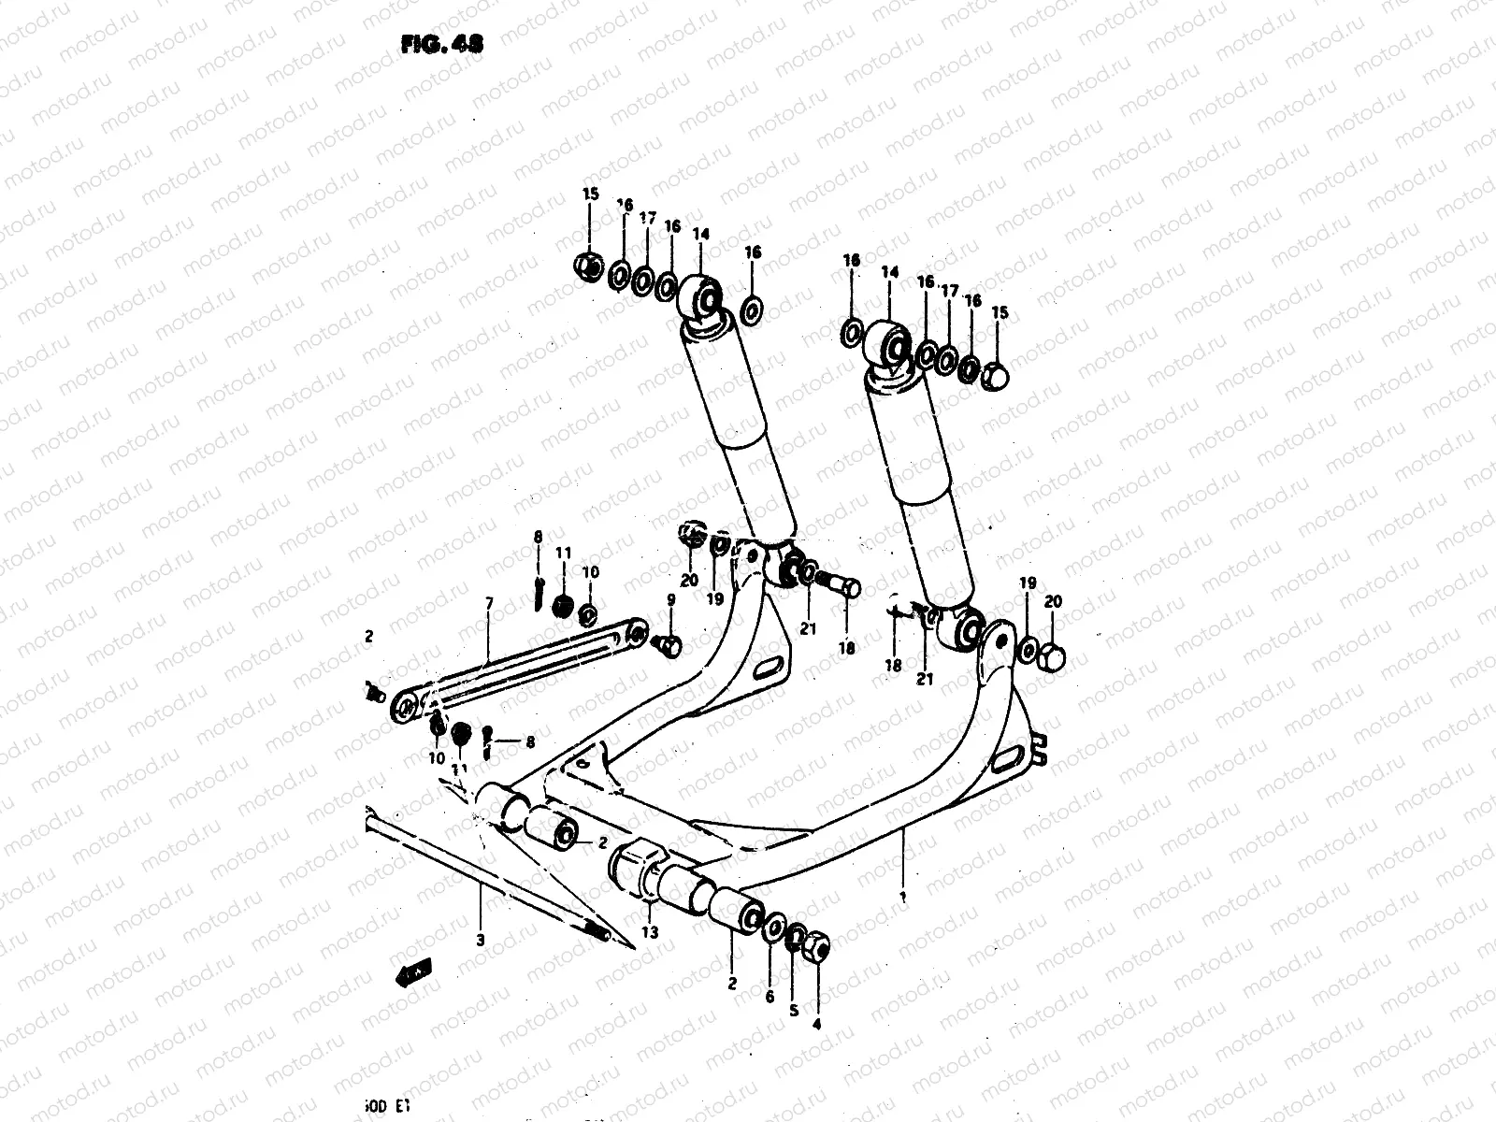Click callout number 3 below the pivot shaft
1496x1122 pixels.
[x=480, y=942]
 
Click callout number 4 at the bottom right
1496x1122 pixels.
[x=816, y=1023]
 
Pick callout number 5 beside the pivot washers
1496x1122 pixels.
[x=794, y=1011]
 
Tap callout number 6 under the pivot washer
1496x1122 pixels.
[x=770, y=997]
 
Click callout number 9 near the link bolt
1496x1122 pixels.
[x=670, y=599]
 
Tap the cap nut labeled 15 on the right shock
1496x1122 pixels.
[x=997, y=377]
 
